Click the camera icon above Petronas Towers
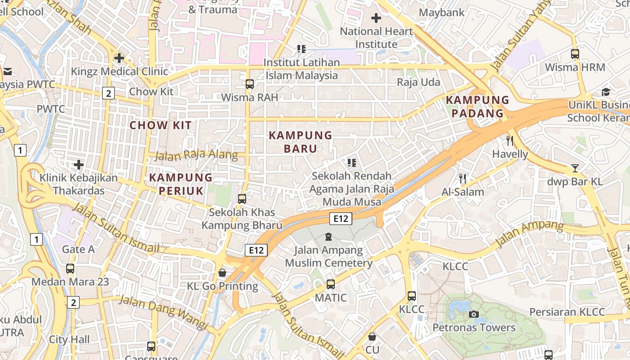473,314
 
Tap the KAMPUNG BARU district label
300,141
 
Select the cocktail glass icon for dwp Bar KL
575,168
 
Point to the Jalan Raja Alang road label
196,155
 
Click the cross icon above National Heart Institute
376,18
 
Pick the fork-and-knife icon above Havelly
509,140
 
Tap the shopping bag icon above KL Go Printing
222,273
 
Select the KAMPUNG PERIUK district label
180,184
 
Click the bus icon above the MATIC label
331,284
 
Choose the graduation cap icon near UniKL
606,92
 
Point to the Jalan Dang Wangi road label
163,311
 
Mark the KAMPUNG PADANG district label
477,106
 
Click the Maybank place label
441,12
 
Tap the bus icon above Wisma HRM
575,54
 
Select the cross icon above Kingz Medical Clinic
119,58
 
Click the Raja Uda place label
418,82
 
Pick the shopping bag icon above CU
372,336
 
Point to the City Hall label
69,339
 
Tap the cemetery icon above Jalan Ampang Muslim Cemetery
328,237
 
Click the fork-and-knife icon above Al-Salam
462,179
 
